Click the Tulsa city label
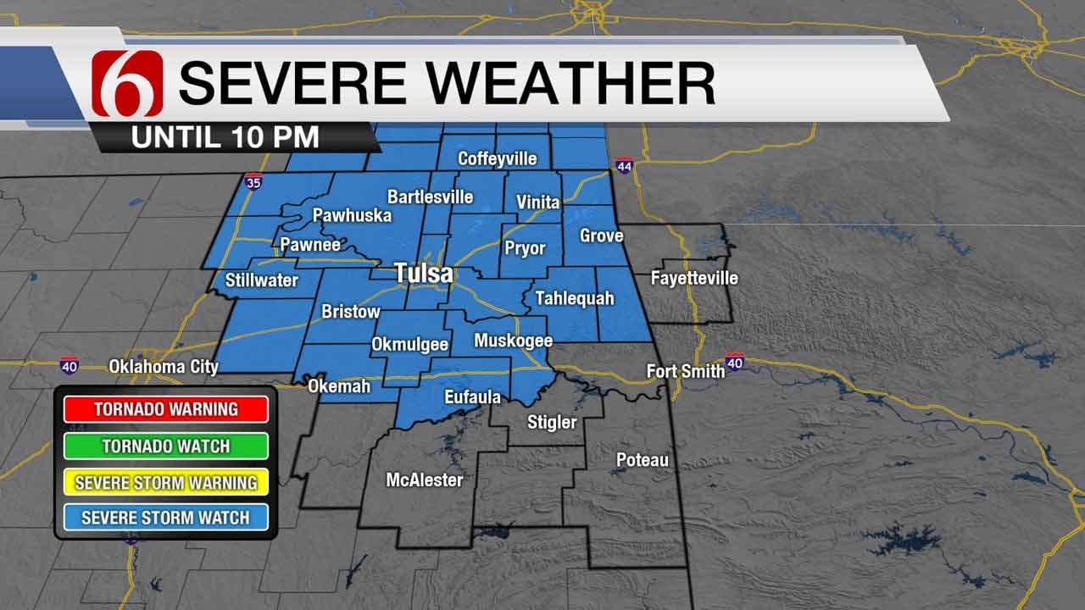[x=423, y=274]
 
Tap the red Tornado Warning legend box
[x=165, y=409]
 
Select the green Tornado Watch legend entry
[x=165, y=446]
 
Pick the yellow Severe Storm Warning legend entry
[x=165, y=483]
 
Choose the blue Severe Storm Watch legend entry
[x=165, y=517]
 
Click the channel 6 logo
[x=126, y=83]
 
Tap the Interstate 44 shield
[x=624, y=166]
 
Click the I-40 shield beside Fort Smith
[x=735, y=363]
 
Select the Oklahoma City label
[x=164, y=367]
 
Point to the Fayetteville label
[x=694, y=278]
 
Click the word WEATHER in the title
[x=563, y=82]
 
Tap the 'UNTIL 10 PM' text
[x=225, y=137]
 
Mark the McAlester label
[x=425, y=480]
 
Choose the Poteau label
[x=642, y=460]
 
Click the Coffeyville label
[x=498, y=158]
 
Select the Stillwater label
[x=262, y=280]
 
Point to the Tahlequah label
[x=574, y=298]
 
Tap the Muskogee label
[x=513, y=341]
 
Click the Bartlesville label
[x=430, y=197]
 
